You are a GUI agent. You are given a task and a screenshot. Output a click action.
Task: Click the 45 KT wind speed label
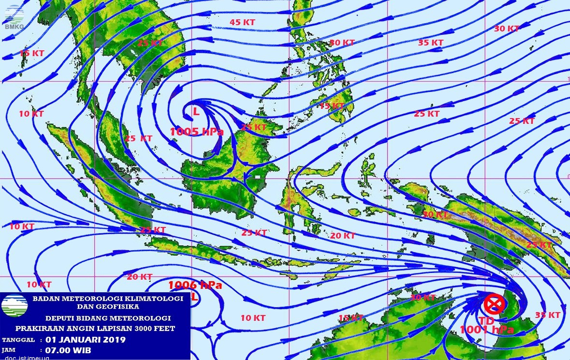coord(242,22)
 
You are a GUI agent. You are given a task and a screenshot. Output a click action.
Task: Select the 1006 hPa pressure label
coord(195,285)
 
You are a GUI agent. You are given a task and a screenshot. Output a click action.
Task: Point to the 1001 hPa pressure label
coord(486,330)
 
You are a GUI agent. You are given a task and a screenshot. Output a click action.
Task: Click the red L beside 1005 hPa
coord(196,111)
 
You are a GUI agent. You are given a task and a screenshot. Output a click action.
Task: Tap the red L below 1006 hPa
coord(194,298)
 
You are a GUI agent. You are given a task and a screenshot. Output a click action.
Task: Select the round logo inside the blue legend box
coord(15,305)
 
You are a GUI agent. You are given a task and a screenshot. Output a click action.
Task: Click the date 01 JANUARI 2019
coord(85,340)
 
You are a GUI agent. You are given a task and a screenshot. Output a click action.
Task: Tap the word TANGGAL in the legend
coord(18,340)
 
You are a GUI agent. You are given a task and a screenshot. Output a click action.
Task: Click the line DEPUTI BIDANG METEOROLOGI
coord(108,318)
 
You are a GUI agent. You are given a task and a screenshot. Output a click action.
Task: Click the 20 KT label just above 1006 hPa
coord(139,277)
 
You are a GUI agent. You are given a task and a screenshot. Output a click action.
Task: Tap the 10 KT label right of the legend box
coord(253,318)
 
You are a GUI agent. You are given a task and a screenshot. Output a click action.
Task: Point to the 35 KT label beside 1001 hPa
coord(548,315)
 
